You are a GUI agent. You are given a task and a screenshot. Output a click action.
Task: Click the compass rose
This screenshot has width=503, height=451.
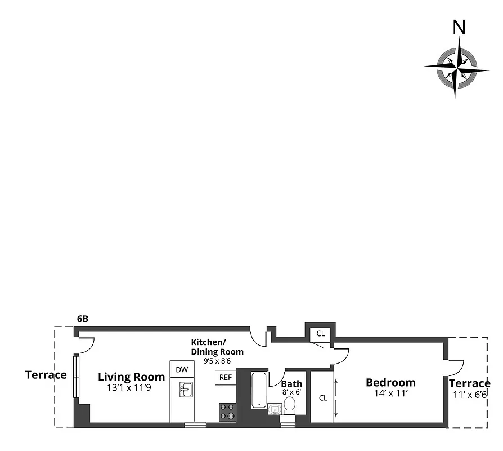[x=457, y=67]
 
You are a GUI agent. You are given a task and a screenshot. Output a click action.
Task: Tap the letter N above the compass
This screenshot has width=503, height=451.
[x=460, y=27]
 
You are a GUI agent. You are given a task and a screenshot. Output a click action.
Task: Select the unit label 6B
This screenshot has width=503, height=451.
[x=83, y=319]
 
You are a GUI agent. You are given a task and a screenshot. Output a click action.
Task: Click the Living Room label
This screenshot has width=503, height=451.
[x=132, y=377]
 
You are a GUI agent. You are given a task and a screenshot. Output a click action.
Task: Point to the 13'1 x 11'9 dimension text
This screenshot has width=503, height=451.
[x=132, y=388]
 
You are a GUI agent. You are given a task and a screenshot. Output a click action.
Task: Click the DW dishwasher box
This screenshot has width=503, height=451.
[x=182, y=369]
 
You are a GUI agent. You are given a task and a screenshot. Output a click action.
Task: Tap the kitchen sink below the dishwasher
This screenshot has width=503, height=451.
[x=184, y=388]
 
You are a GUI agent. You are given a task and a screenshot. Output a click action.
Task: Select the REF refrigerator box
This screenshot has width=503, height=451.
[x=225, y=377]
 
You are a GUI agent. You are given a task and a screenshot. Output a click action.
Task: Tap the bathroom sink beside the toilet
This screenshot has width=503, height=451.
[x=274, y=409]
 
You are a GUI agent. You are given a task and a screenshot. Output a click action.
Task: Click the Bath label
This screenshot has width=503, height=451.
[x=291, y=384]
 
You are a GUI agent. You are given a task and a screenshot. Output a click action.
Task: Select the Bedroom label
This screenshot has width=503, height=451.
[x=390, y=382]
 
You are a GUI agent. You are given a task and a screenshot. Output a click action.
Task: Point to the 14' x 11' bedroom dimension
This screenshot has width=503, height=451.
[x=390, y=394]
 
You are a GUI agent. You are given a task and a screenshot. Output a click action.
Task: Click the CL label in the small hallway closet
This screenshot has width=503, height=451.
[x=320, y=334]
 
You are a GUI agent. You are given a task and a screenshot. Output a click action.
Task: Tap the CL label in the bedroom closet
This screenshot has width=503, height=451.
[x=323, y=397]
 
